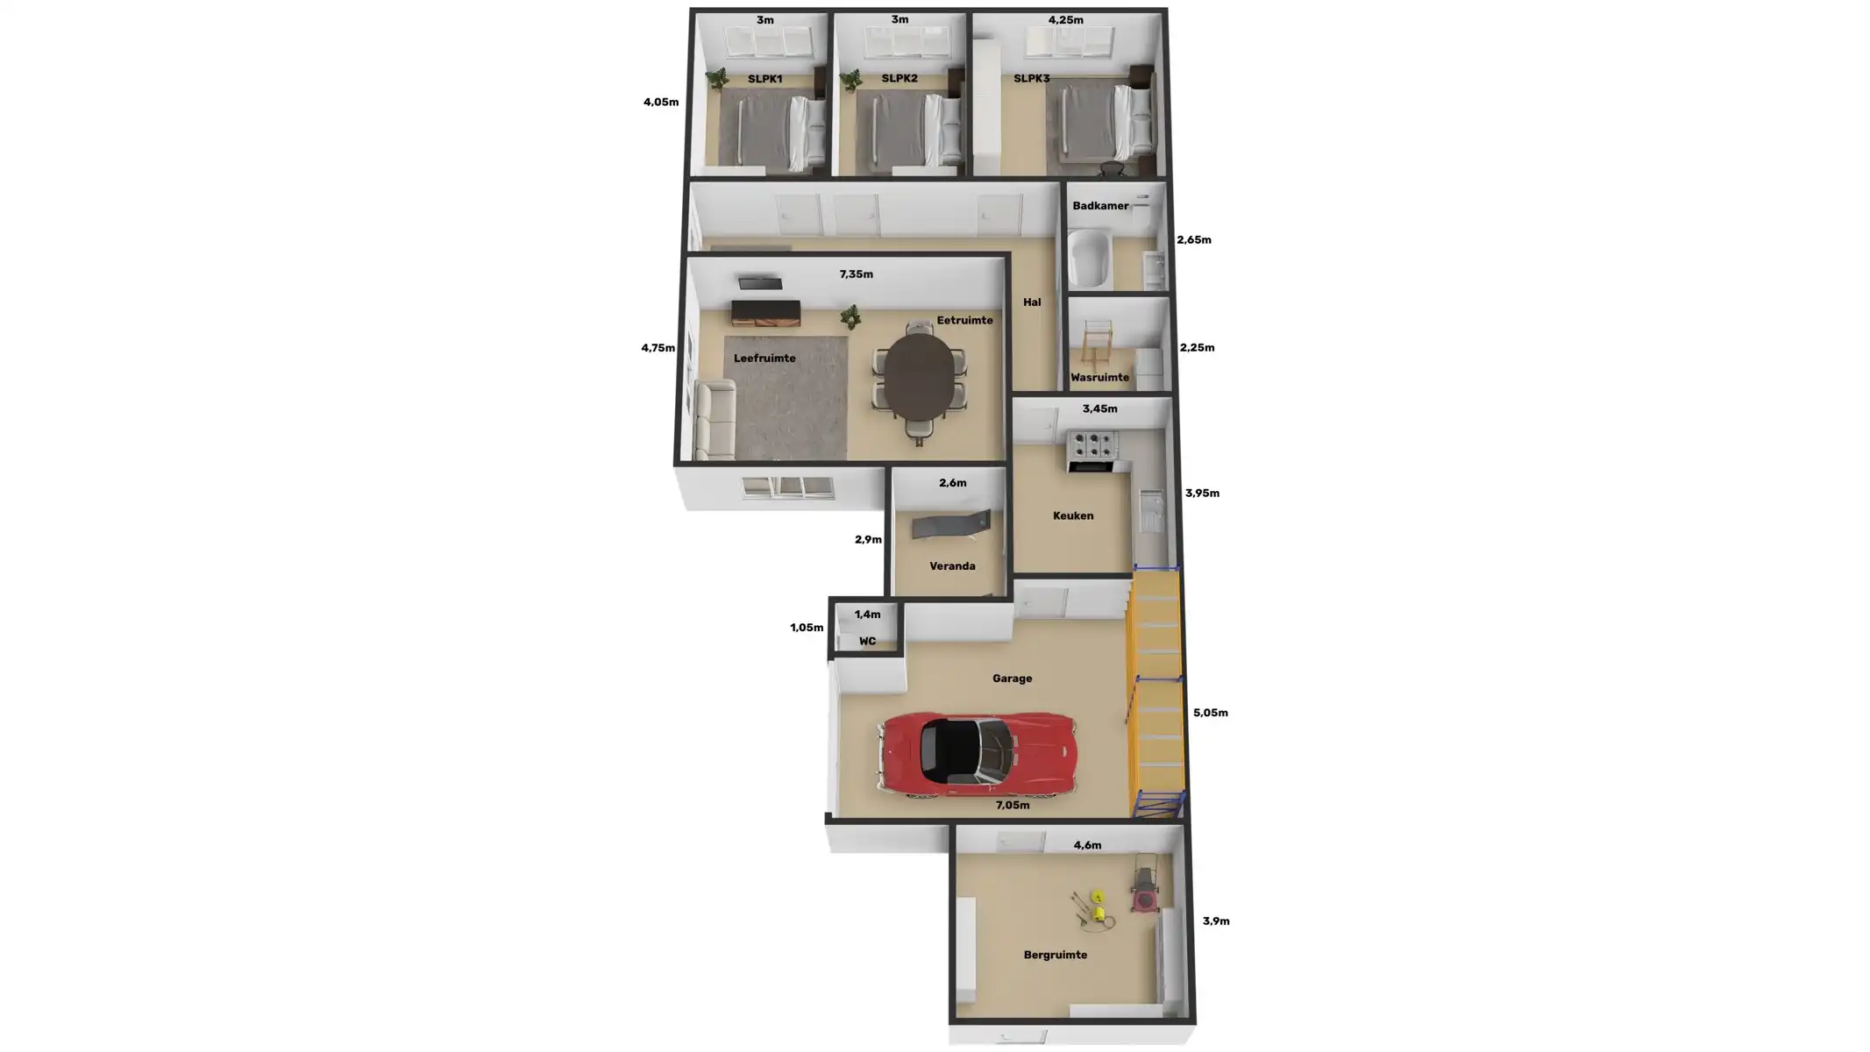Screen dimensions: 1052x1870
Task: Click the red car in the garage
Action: (977, 754)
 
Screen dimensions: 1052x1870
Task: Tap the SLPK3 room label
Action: (1031, 79)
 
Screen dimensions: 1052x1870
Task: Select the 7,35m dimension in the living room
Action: (856, 274)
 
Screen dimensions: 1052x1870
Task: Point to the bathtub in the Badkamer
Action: (1089, 258)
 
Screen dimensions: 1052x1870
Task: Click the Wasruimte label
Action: (1099, 378)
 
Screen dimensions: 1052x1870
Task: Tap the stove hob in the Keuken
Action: (1092, 445)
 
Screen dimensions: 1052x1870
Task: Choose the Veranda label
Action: (952, 566)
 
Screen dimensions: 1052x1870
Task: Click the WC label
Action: (867, 642)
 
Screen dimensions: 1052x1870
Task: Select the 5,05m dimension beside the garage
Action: (1210, 713)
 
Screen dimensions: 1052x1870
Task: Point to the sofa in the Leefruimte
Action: (714, 421)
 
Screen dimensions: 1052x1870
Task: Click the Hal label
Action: (1032, 302)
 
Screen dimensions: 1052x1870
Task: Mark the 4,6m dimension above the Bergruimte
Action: (1087, 846)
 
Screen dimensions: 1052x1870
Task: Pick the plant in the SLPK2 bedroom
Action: (850, 82)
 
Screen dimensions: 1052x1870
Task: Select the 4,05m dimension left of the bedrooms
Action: (660, 103)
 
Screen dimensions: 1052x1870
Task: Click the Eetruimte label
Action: (964, 321)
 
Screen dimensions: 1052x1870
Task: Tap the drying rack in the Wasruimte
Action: (1096, 344)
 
